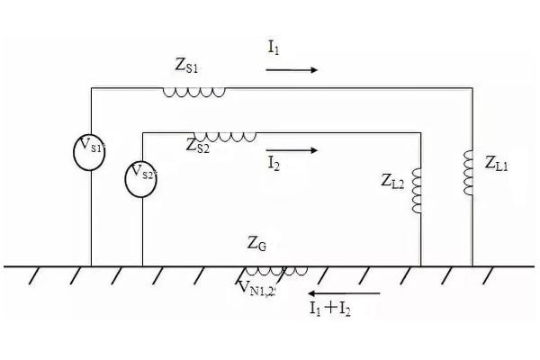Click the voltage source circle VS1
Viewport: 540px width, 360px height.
90,149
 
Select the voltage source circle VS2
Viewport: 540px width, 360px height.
141,175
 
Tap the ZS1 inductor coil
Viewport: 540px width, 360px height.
193,91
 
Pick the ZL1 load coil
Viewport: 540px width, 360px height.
469,173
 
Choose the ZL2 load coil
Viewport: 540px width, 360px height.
417,190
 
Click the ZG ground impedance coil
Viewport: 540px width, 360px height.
276,270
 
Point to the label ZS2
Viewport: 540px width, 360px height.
198,145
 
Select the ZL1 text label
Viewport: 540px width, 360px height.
497,164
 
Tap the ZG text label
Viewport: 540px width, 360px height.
257,243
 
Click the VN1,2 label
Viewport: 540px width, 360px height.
258,287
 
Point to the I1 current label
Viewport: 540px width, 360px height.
273,49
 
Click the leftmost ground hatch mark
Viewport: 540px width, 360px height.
35,274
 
